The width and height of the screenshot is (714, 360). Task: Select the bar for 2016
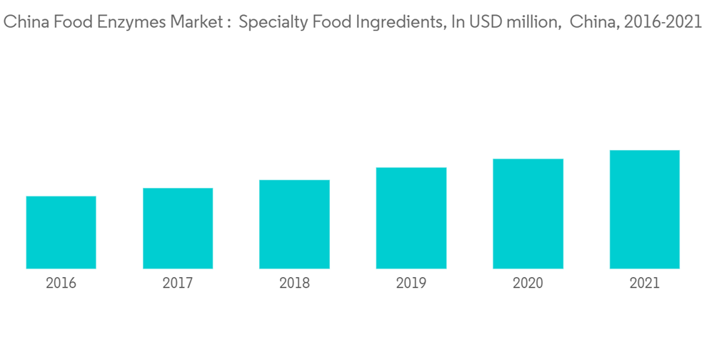[61, 232]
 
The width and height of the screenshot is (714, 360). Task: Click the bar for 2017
[178, 229]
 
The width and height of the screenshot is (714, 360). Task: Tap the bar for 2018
[294, 224]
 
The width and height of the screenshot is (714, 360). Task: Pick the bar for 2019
[411, 218]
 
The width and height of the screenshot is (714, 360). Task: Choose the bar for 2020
[528, 214]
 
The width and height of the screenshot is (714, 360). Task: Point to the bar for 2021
[644, 209]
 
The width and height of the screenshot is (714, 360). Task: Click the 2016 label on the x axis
[61, 284]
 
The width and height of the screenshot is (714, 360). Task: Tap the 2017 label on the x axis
[178, 284]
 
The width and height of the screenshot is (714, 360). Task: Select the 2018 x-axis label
[294, 284]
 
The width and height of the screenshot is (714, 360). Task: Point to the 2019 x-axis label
[411, 284]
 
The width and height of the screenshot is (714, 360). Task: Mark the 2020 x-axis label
[528, 284]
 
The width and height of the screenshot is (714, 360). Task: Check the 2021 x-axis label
[644, 284]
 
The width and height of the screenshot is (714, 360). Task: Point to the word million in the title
[528, 23]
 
